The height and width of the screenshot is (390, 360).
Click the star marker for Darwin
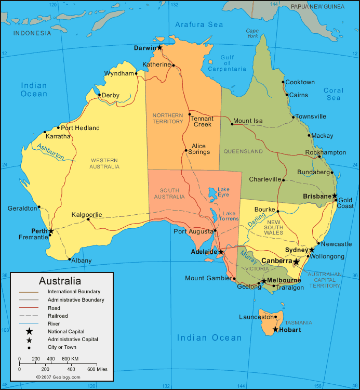(x=159, y=47)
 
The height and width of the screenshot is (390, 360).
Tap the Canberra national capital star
(x=296, y=261)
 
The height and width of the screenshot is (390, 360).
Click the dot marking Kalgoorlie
(x=88, y=219)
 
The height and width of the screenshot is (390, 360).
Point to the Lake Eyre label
(x=223, y=192)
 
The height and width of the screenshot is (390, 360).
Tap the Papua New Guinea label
(x=317, y=7)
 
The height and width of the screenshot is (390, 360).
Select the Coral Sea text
(x=334, y=94)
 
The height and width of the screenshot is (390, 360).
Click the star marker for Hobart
(x=275, y=330)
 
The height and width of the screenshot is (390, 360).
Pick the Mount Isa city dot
(x=232, y=124)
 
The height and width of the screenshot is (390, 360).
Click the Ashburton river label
(x=50, y=151)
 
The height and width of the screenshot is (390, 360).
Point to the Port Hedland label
(x=80, y=128)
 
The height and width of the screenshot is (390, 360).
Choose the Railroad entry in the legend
(x=57, y=316)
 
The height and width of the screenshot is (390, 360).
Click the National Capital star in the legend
(x=29, y=331)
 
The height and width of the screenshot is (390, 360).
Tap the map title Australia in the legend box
(x=60, y=281)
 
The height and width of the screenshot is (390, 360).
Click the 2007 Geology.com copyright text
(x=58, y=377)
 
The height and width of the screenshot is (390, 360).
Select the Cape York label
(x=252, y=33)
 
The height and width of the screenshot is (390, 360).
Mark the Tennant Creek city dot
(x=190, y=114)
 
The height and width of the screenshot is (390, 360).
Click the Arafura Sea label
(x=199, y=24)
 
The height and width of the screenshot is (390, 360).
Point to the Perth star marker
(x=51, y=231)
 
